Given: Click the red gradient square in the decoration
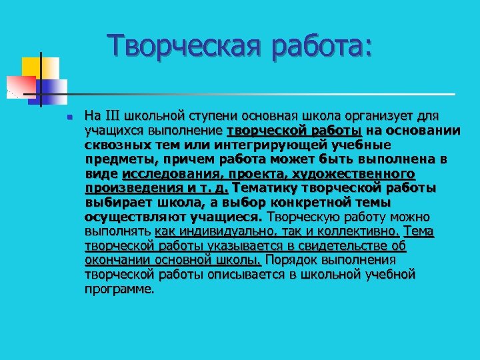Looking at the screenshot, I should [20, 86].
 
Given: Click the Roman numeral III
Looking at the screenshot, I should [111, 116].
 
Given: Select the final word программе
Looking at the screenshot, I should [119, 290].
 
